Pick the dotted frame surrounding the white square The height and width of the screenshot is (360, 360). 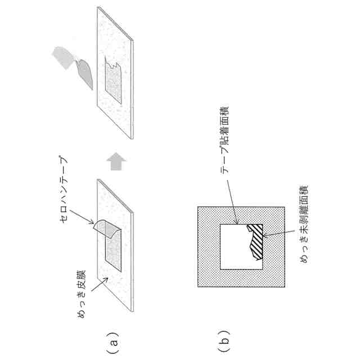pos(205,247)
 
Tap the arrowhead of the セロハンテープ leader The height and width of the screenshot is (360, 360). pos(93,224)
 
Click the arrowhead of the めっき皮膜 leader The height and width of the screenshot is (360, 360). pos(102,280)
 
